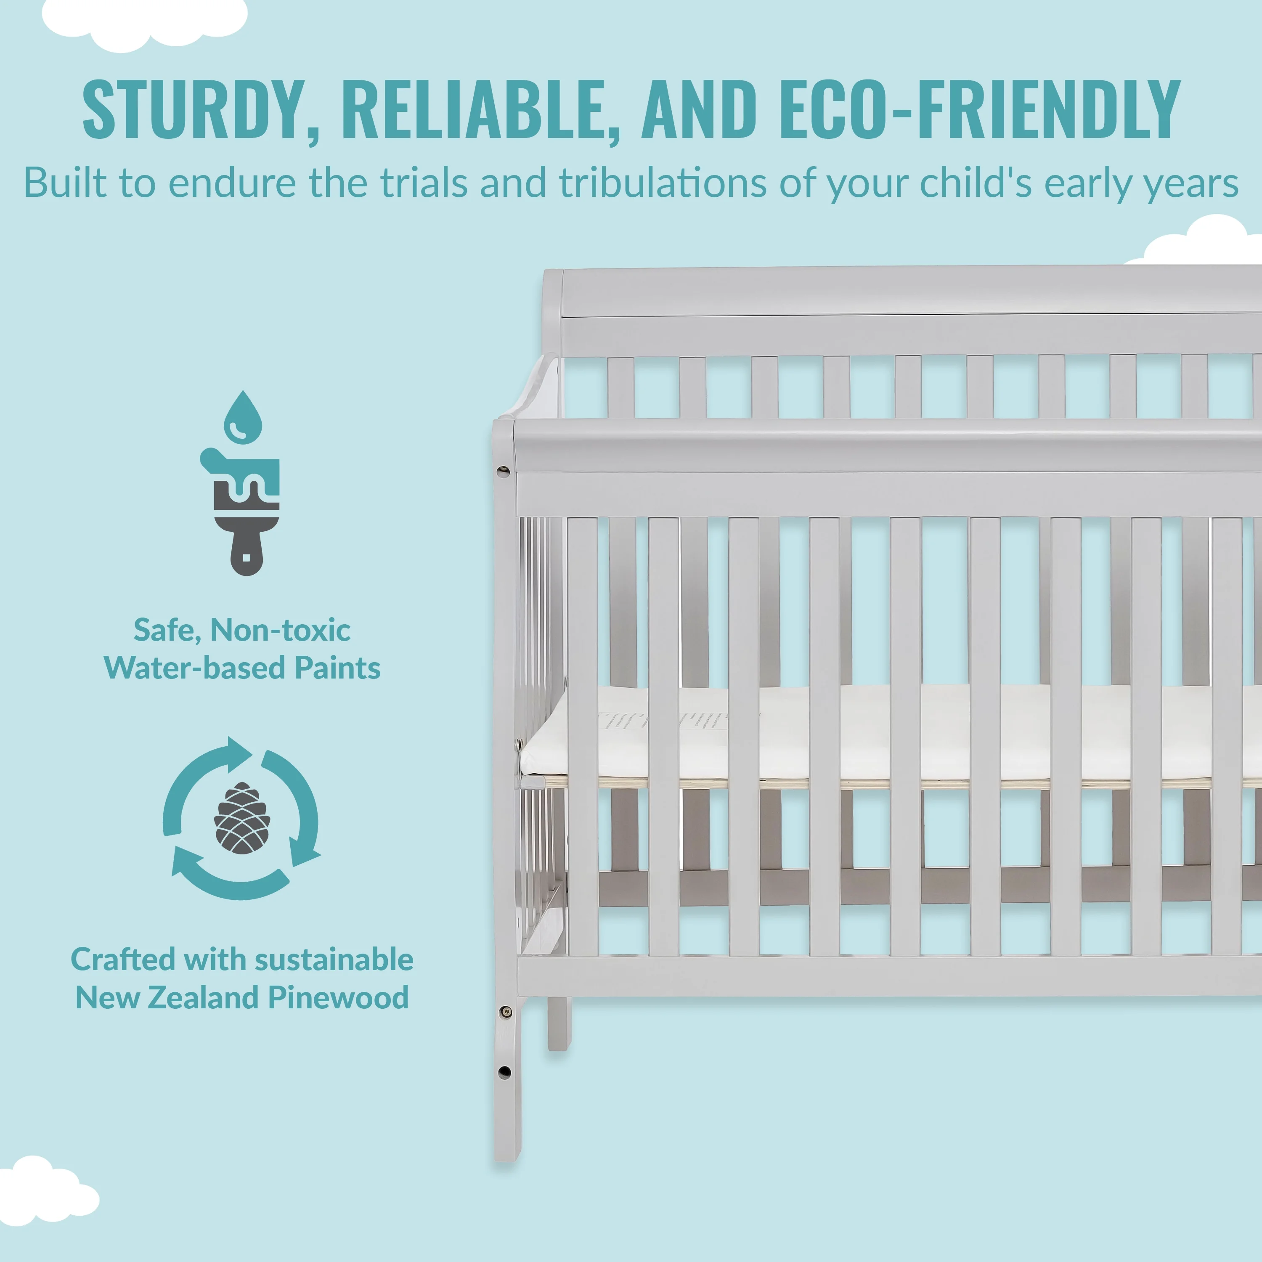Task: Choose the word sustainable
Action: pyautogui.click(x=334, y=960)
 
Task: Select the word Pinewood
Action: pyautogui.click(x=338, y=997)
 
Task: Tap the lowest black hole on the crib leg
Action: pyautogui.click(x=504, y=1072)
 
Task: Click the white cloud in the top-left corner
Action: pyautogui.click(x=145, y=23)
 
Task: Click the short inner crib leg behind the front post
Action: pyautogui.click(x=559, y=1023)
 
